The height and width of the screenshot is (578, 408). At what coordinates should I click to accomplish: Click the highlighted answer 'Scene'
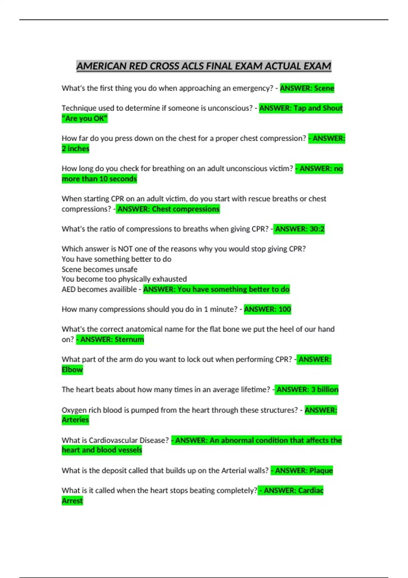point(324,88)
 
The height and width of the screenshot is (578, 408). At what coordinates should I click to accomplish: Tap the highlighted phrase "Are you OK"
point(84,119)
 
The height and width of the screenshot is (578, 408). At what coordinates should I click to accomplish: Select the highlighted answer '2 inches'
point(75,149)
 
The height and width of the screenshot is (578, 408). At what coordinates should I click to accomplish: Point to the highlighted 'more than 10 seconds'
point(99,179)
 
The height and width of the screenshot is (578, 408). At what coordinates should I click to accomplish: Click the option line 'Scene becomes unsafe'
point(99,269)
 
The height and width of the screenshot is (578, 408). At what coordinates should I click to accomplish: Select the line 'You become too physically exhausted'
point(124,279)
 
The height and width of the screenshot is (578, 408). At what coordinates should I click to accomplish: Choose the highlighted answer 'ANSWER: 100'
point(267,309)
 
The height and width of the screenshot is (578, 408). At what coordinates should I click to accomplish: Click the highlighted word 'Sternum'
point(129,339)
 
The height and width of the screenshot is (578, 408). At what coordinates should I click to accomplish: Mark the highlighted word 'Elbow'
point(72,370)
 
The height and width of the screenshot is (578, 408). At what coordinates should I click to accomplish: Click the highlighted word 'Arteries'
point(75,420)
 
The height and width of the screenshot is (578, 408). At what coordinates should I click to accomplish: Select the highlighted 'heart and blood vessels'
point(102,450)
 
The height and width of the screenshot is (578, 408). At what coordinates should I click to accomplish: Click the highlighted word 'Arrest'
point(72,501)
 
